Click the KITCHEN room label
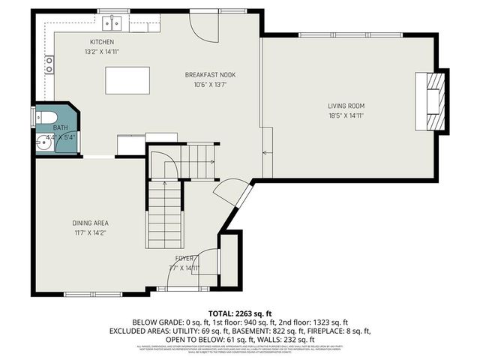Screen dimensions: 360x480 click(102, 42)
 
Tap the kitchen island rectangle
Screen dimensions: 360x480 click(127, 78)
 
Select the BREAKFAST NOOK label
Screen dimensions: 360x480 click(210, 75)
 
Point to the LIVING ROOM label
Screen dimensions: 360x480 click(346, 106)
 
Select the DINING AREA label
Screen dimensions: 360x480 click(91, 223)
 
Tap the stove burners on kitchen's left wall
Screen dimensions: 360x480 click(49, 65)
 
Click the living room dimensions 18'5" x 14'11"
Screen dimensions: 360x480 click(346, 116)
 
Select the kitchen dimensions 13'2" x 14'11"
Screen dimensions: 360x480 click(102, 52)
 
